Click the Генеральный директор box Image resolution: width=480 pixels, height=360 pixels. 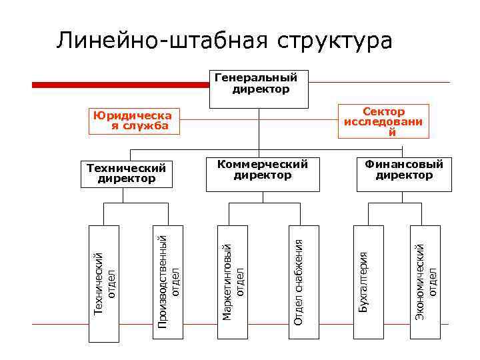pyautogui.click(x=259, y=89)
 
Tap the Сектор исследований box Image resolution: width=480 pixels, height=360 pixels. pyautogui.click(x=383, y=121)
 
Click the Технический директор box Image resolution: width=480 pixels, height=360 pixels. pyautogui.click(x=126, y=179)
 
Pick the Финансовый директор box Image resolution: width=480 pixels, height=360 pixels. pyautogui.click(x=403, y=175)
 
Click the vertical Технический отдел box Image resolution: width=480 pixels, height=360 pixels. pyautogui.click(x=104, y=284)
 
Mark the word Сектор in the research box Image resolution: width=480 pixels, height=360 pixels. pyautogui.click(x=383, y=111)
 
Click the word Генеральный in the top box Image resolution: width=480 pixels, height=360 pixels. pyautogui.click(x=256, y=77)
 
